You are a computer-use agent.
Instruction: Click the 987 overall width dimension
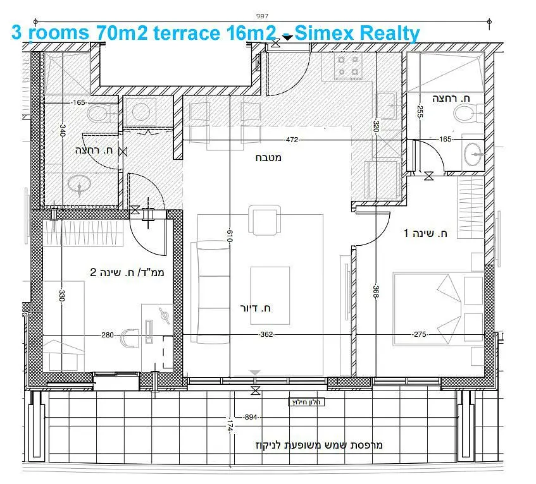pyautogui.click(x=262, y=16)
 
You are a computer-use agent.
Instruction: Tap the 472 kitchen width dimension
pyautogui.click(x=292, y=140)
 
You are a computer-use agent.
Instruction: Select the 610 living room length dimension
pyautogui.click(x=230, y=236)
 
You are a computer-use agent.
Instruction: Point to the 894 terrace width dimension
pyautogui.click(x=251, y=417)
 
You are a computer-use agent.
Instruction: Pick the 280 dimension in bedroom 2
pyautogui.click(x=108, y=335)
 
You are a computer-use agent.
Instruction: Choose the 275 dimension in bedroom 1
pyautogui.click(x=420, y=334)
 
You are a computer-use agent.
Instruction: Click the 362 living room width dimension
pyautogui.click(x=266, y=334)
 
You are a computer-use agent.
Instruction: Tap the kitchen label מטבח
pyautogui.click(x=268, y=158)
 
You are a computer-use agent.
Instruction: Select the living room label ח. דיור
pyautogui.click(x=255, y=308)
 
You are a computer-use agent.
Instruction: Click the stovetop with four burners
pyautogui.click(x=348, y=66)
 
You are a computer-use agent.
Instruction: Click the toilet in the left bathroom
pyautogui.click(x=101, y=114)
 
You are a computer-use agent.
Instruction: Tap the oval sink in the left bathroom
pyautogui.click(x=79, y=185)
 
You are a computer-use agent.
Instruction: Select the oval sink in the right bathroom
pyautogui.click(x=473, y=154)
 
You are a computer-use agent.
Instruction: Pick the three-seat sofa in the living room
pyautogui.click(x=210, y=293)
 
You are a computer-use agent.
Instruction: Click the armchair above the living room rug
pyautogui.click(x=265, y=220)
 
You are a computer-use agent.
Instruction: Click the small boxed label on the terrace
pyautogui.click(x=306, y=402)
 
